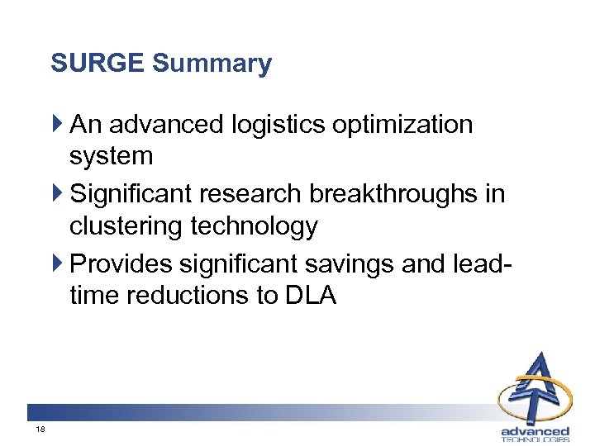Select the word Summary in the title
tap(212, 64)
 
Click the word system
tap(112, 156)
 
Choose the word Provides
tap(121, 263)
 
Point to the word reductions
tap(196, 295)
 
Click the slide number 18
tap(40, 431)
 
